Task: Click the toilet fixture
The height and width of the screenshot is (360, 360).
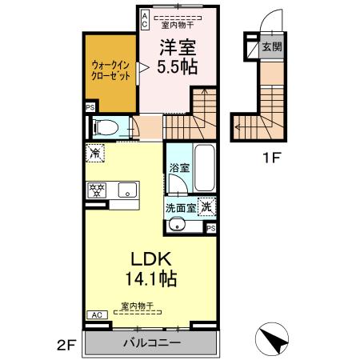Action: click(x=104, y=126)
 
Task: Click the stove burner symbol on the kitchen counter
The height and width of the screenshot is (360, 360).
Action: click(x=96, y=190)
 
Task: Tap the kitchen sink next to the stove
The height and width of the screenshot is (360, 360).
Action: click(x=124, y=190)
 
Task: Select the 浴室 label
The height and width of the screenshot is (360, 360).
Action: click(x=178, y=168)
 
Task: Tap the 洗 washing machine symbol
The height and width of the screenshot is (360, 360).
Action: click(x=206, y=205)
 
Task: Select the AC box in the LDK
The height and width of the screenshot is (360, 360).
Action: click(x=95, y=314)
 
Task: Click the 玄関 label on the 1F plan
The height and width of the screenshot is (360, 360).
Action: click(x=270, y=47)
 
